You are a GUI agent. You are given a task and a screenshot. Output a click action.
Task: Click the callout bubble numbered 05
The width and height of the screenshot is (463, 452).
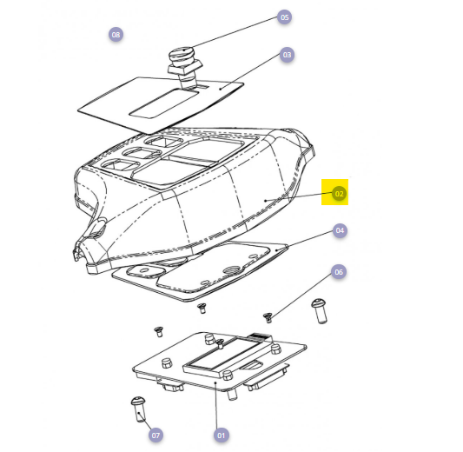pyautogui.click(x=284, y=17)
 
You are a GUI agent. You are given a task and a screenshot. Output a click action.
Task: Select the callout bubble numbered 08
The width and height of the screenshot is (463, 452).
pyautogui.click(x=116, y=35)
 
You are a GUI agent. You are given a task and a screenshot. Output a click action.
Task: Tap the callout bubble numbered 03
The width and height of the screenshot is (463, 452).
pyautogui.click(x=287, y=55)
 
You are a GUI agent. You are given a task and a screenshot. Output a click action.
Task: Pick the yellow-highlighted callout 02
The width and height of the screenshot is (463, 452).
pyautogui.click(x=339, y=194)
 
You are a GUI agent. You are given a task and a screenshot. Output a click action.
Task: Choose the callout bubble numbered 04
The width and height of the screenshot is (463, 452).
pyautogui.click(x=340, y=230)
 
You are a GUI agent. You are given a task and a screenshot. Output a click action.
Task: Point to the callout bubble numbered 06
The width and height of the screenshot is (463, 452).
pyautogui.click(x=339, y=272)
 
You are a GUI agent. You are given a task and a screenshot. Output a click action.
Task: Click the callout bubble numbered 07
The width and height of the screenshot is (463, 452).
pyautogui.click(x=155, y=435)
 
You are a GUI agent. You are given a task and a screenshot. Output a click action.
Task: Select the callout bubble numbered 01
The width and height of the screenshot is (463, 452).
pyautogui.click(x=221, y=435)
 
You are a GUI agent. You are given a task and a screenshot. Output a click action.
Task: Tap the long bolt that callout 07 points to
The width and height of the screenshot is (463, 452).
pyautogui.click(x=138, y=409)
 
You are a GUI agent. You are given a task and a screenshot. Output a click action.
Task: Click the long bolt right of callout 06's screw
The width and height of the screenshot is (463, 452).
pyautogui.click(x=320, y=311)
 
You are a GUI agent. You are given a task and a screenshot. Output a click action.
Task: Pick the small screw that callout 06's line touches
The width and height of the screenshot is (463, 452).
pyautogui.click(x=268, y=317)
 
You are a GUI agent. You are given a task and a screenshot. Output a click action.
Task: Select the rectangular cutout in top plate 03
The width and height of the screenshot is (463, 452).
pyautogui.click(x=164, y=103)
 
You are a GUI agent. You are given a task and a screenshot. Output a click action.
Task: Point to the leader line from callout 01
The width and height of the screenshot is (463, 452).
pyautogui.click(x=216, y=405)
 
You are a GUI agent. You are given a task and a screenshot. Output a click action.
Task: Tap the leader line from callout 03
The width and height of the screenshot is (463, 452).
pyautogui.click(x=251, y=71)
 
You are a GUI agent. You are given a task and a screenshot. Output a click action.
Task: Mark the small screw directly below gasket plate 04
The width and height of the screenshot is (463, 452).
pyautogui.click(x=202, y=308)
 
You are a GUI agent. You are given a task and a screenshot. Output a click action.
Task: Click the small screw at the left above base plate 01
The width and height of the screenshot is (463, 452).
pyautogui.click(x=159, y=331)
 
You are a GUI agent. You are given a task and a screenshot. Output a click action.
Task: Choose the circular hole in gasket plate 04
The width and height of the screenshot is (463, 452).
pyautogui.click(x=231, y=270)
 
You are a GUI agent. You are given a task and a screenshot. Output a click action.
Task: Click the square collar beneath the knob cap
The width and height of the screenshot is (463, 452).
pyautogui.click(x=185, y=67)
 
